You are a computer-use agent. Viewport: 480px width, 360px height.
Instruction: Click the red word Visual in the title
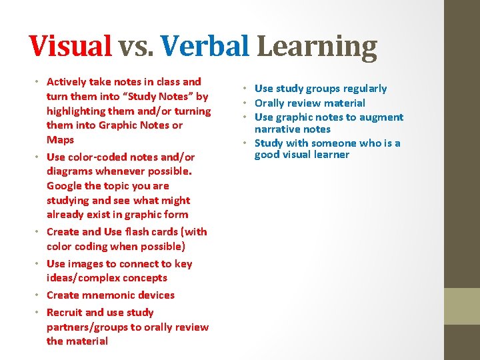click(x=71, y=47)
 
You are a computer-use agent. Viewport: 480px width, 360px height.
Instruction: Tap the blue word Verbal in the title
click(x=204, y=47)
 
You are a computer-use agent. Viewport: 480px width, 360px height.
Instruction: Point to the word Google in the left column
click(x=65, y=186)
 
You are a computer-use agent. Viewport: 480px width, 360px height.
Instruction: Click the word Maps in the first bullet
click(x=60, y=140)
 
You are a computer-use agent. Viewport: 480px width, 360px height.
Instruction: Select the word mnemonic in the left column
click(x=111, y=295)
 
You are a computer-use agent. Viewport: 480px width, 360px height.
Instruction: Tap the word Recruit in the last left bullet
click(x=65, y=313)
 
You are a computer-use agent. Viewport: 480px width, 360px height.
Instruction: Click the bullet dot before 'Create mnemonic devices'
click(x=38, y=295)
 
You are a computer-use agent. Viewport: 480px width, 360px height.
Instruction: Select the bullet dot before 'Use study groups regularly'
click(x=246, y=89)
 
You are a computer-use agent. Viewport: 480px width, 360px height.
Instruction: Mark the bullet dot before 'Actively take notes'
click(x=38, y=82)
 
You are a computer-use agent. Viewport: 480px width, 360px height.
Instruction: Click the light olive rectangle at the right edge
click(x=462, y=306)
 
